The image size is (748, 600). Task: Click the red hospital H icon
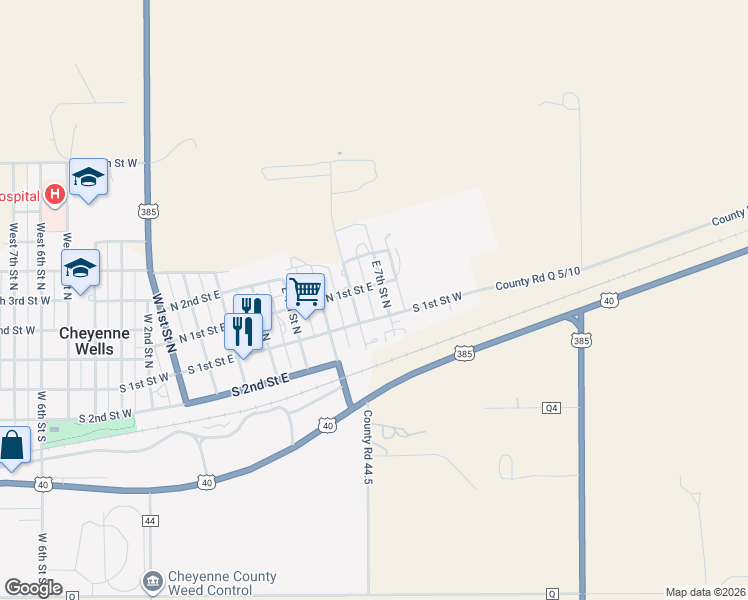coord(55,193)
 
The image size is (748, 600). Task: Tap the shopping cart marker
coord(305,291)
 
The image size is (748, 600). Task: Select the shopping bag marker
coord(11,445)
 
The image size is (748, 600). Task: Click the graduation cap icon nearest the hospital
coord(88,177)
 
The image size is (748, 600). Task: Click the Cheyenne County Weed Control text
coord(222,583)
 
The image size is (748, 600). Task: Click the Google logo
coord(33,588)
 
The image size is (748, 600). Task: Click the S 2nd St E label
coord(260,383)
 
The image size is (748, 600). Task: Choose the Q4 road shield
coord(551,407)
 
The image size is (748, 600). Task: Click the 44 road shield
coord(150,521)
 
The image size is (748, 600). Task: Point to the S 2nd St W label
coord(106,414)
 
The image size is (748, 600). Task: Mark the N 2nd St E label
coord(194,298)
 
